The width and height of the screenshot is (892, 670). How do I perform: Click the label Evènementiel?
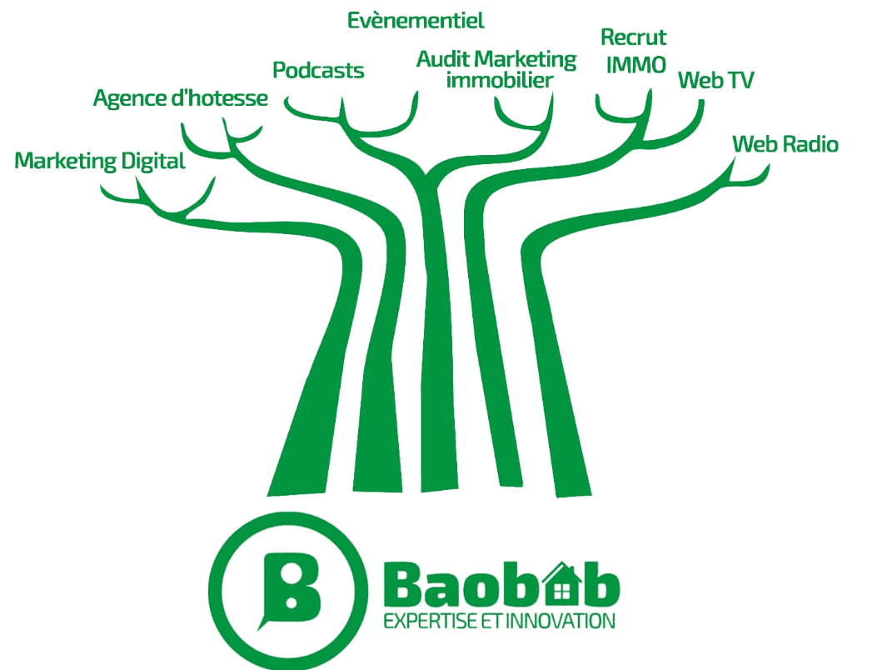click(x=416, y=21)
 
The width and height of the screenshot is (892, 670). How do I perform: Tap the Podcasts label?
click(x=318, y=70)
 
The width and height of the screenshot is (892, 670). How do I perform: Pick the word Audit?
click(x=443, y=58)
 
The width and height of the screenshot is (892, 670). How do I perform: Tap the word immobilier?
click(x=500, y=80)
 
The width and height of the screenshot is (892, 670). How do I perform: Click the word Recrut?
click(x=633, y=37)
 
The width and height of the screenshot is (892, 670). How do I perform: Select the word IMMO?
click(x=636, y=65)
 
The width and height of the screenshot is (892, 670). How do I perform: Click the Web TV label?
click(x=715, y=80)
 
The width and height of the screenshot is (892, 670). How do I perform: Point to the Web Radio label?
click(x=785, y=144)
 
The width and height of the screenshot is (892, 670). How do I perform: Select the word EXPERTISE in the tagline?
click(x=430, y=621)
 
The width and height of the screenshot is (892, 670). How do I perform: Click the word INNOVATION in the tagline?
click(x=560, y=621)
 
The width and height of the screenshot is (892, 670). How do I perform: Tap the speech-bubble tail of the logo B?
click(x=263, y=622)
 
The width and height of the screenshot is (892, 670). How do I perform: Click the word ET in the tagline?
click(x=491, y=621)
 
